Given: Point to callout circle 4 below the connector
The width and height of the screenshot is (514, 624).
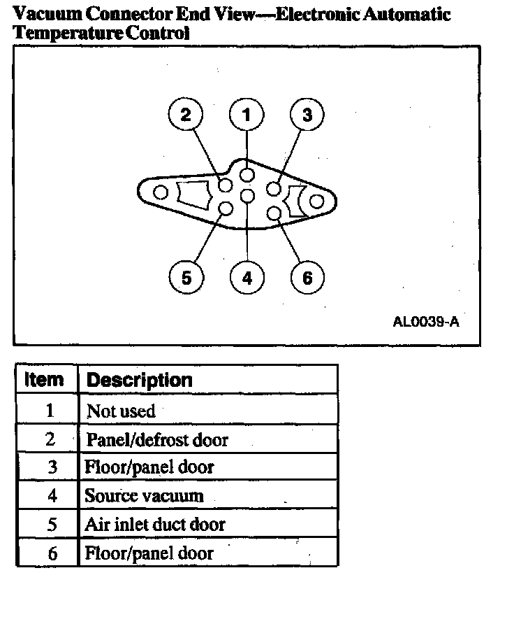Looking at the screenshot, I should coord(247,278).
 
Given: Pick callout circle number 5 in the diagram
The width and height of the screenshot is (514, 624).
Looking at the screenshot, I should coord(186,278).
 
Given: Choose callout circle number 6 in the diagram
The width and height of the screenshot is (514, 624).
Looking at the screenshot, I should coord(307,278).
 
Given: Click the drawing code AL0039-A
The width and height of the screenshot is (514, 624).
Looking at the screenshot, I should coord(426,322).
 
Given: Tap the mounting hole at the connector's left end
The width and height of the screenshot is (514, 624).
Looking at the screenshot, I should coord(161,192).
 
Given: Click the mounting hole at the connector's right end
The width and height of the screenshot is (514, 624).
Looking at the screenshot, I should coord(316,202).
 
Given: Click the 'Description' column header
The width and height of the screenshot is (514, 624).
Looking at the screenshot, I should coord(139,381).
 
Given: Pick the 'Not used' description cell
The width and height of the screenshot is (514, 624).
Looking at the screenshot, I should coord(121,411).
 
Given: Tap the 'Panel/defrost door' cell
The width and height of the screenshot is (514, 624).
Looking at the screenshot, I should coord(156,440).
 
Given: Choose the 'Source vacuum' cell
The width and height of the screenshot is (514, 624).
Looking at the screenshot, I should coord(144,496).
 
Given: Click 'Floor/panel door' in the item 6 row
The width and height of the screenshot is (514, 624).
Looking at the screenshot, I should coord(149,553).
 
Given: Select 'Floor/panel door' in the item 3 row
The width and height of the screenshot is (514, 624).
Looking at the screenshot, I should coord(149,467).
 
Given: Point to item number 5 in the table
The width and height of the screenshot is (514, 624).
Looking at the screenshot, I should coord(50,525).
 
